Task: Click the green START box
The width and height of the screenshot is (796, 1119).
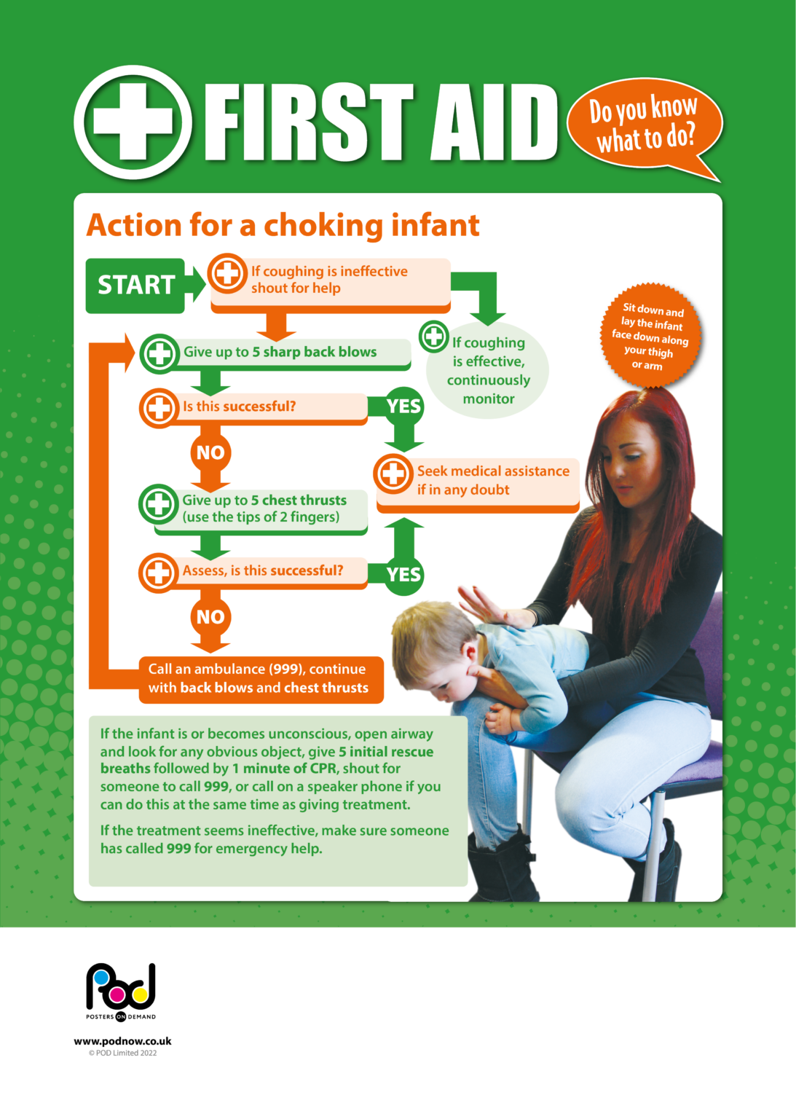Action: click(135, 285)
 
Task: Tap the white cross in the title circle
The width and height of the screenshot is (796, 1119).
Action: click(133, 122)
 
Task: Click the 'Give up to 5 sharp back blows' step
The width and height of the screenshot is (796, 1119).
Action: click(280, 353)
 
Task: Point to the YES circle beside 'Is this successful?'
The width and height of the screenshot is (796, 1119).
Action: click(403, 406)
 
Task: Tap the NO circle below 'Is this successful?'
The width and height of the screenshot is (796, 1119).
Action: click(210, 452)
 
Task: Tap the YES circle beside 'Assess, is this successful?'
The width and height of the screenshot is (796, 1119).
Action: click(403, 574)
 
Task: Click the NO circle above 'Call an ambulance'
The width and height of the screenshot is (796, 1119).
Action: click(210, 617)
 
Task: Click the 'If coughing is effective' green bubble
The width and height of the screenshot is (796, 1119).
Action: click(489, 371)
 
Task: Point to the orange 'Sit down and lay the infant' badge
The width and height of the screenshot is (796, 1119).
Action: click(650, 336)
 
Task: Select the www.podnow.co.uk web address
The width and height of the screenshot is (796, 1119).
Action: click(122, 1041)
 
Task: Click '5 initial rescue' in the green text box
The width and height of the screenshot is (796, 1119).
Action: click(386, 752)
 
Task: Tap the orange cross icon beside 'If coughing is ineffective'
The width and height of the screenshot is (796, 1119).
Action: click(228, 274)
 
